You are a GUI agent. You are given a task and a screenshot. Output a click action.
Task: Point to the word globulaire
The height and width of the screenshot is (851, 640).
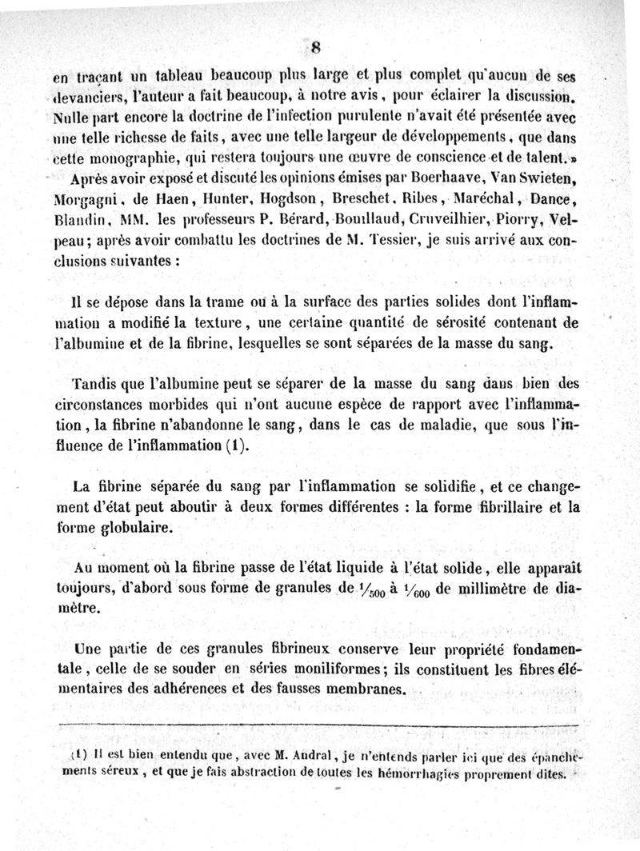click(138, 529)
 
